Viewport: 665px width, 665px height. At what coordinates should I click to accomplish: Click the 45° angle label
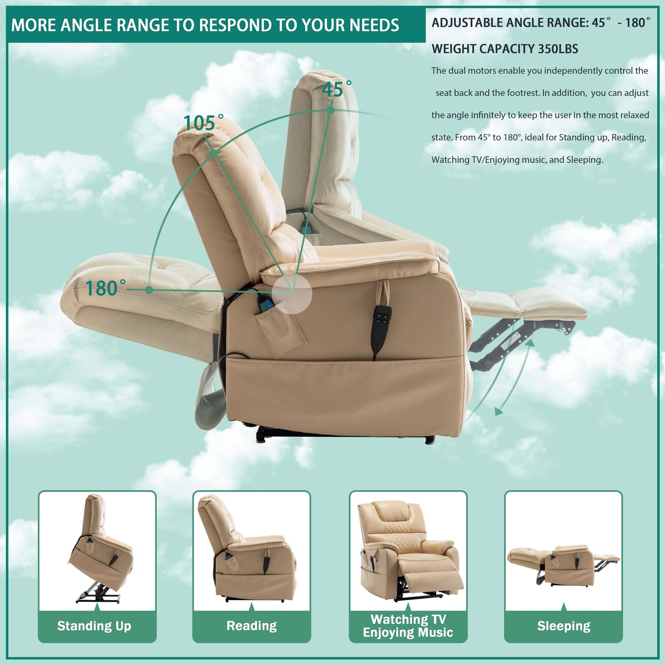[337, 90]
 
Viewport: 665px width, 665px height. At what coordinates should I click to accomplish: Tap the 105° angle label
[203, 123]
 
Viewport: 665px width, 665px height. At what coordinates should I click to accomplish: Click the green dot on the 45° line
[330, 110]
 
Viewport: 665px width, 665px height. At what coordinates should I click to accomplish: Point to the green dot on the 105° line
[214, 153]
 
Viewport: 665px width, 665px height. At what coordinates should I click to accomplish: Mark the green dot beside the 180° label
[149, 290]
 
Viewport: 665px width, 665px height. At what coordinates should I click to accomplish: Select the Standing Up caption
[94, 626]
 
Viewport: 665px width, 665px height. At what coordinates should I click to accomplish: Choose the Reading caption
[252, 625]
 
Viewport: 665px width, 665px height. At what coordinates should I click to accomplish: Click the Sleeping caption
[564, 626]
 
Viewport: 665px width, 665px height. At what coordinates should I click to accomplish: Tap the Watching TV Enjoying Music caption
[408, 626]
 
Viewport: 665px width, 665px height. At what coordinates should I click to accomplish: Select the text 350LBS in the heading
[558, 49]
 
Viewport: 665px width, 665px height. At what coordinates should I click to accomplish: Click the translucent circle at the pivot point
[292, 294]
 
